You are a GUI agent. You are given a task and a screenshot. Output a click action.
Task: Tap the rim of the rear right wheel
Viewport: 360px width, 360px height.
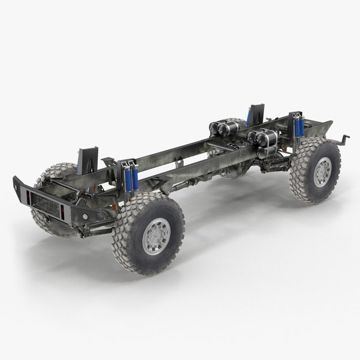(x=322, y=171)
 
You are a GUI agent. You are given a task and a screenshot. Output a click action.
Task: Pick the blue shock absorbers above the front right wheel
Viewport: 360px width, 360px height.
(x=130, y=178)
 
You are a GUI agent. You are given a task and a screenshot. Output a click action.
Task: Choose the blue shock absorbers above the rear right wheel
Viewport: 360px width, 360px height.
(x=298, y=127)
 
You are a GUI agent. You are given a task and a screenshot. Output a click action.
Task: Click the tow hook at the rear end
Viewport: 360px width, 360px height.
(x=343, y=140)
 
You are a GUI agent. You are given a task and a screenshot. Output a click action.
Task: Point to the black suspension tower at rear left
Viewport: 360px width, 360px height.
(x=257, y=115)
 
